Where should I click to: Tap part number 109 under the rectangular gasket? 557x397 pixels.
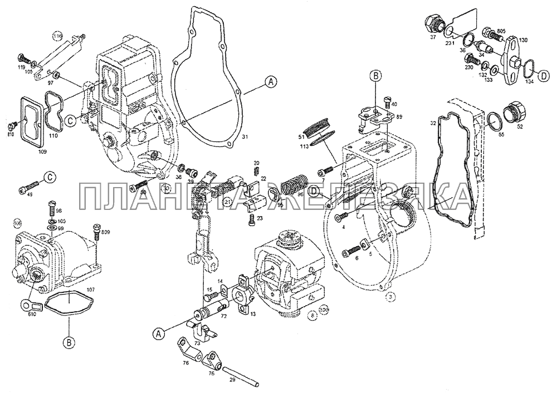42,151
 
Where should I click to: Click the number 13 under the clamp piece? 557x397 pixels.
252,313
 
